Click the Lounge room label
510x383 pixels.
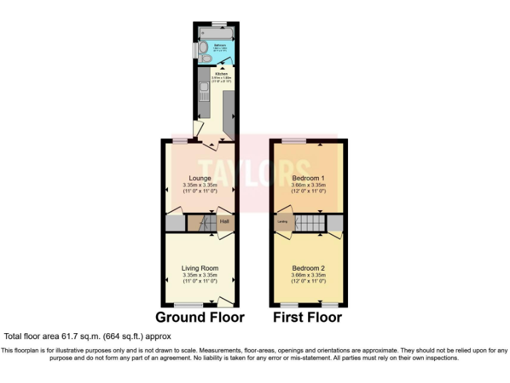click(200, 178)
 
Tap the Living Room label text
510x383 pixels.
click(200, 268)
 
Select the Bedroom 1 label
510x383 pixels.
click(308, 178)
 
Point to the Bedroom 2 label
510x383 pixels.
click(308, 268)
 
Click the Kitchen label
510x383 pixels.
click(220, 74)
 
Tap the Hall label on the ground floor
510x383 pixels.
click(224, 221)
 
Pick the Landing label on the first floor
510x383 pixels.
click(282, 221)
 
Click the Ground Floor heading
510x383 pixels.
click(200, 317)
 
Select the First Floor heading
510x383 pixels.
click(307, 317)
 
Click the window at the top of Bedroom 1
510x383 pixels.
click(294, 140)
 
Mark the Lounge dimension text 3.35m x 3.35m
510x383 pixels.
click(200, 185)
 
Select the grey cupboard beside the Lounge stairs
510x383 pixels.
click(176, 223)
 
